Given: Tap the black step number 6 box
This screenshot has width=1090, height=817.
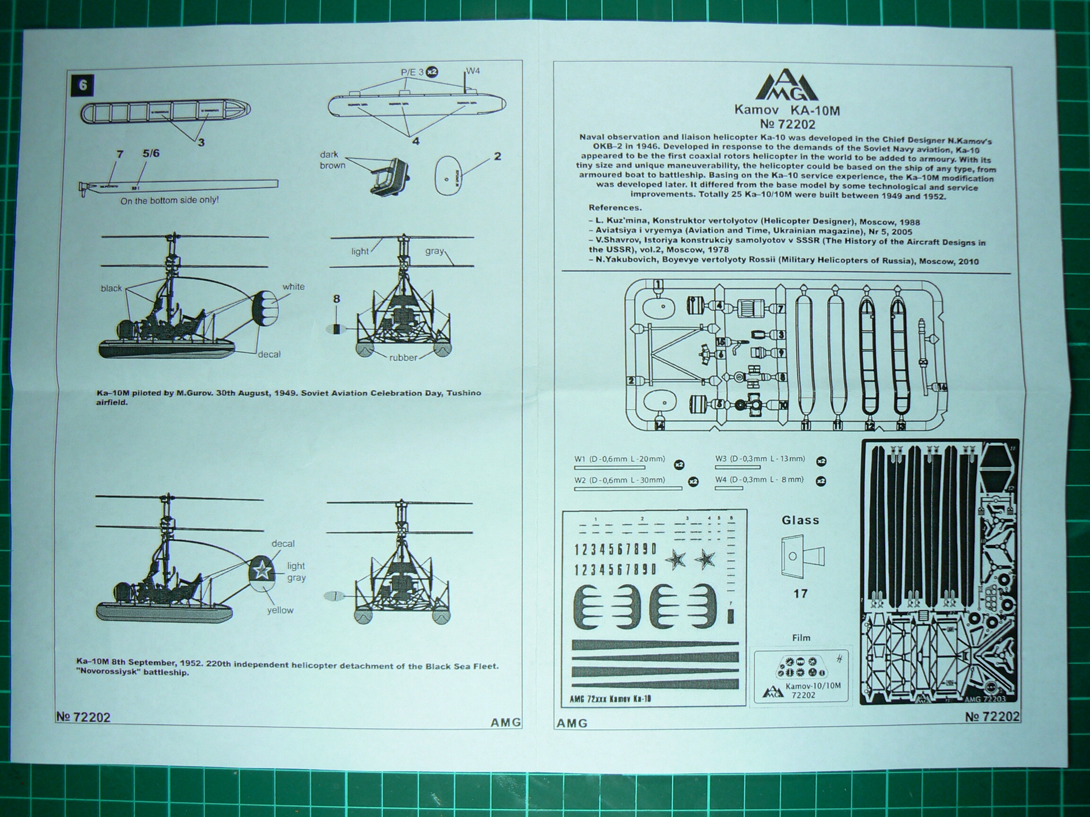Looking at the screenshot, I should (83, 85).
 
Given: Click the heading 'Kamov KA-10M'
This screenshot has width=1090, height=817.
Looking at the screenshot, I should (786, 111).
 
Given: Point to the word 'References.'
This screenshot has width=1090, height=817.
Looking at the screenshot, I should (615, 208).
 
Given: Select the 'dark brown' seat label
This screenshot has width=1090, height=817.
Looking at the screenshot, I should (333, 160).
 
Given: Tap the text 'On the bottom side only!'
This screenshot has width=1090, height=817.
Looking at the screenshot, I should (169, 200).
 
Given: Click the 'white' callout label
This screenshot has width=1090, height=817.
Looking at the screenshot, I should (294, 287).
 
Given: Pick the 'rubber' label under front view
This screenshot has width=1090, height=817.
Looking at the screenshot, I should (403, 357).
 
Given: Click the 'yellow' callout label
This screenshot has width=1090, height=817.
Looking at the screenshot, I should (280, 610).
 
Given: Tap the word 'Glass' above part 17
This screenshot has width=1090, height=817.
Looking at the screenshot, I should (800, 520).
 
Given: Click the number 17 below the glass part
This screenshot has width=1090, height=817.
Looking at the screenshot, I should (800, 593).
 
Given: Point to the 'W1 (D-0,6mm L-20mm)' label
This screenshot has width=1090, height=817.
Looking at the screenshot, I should (619, 459).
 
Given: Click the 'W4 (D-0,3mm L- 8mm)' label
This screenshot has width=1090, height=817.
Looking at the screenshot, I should (759, 479).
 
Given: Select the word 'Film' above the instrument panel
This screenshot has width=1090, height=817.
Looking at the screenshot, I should (801, 638).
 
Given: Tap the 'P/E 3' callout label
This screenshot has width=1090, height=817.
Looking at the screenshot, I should (412, 72).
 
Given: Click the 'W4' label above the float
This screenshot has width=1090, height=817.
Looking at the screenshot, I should (473, 71).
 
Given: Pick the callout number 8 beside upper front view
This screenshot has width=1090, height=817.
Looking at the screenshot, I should (337, 299).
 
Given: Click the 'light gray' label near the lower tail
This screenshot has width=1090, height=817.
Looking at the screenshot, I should (296, 571).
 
